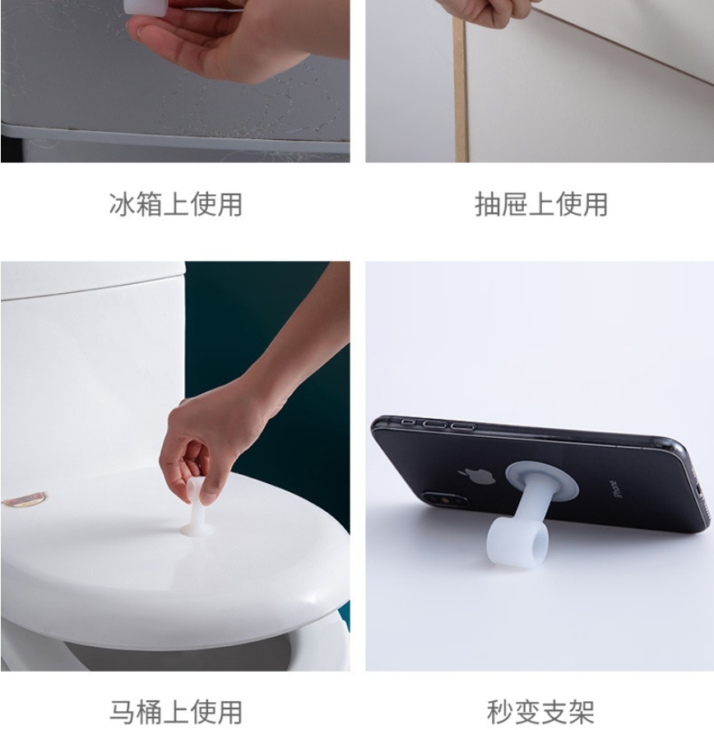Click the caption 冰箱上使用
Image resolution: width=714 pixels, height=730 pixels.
(176, 204)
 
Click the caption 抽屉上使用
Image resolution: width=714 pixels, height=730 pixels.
(541, 204)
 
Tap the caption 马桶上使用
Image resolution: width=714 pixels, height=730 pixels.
(176, 711)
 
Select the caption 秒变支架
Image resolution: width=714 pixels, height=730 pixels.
(540, 711)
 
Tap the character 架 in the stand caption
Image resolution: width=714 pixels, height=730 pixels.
(581, 711)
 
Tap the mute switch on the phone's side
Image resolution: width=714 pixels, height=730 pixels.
(408, 422)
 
